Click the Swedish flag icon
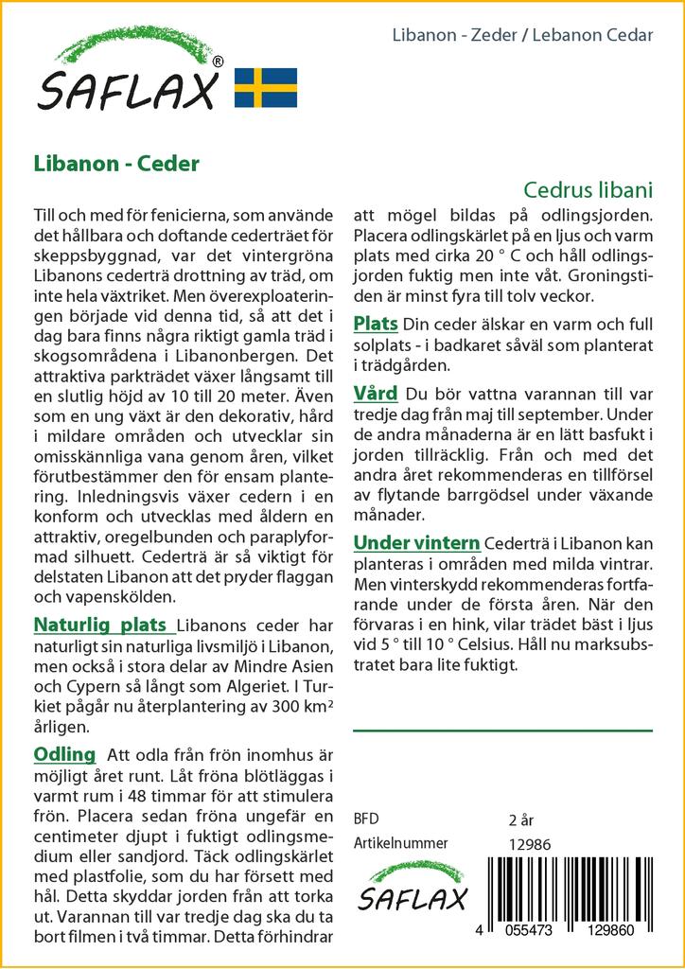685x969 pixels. click(x=266, y=87)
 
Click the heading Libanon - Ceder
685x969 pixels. click(x=115, y=163)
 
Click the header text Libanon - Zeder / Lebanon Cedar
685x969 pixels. click(x=522, y=36)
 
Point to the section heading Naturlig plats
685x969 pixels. click(x=102, y=625)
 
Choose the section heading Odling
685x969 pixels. click(x=64, y=754)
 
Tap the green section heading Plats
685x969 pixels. click(x=375, y=324)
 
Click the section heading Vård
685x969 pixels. click(x=375, y=393)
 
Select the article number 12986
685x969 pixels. click(x=530, y=843)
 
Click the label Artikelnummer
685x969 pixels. click(x=400, y=843)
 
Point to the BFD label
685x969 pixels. click(x=366, y=819)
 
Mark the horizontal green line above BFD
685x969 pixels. click(x=501, y=731)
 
